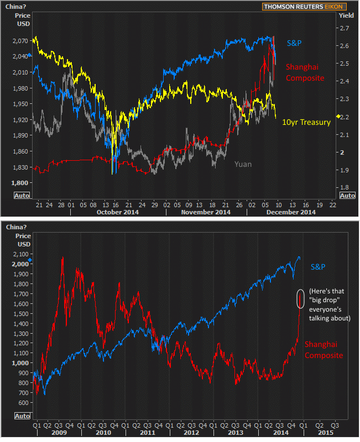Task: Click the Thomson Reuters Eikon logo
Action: click(305, 7)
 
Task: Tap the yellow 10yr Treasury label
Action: click(306, 122)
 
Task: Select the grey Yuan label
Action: click(243, 164)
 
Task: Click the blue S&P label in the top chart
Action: click(294, 43)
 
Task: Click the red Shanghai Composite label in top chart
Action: click(304, 72)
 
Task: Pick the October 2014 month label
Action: click(117, 212)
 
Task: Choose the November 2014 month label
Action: click(206, 212)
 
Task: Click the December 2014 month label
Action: click(292, 212)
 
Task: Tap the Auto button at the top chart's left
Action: click(22, 196)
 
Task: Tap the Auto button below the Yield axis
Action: click(347, 196)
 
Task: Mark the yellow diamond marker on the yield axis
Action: click(338, 116)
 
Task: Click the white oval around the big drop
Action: click(300, 298)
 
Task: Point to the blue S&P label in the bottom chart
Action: click(317, 267)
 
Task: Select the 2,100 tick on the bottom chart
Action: click(22, 254)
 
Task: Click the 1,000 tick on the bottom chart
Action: click(22, 362)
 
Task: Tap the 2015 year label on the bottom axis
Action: click(325, 433)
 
